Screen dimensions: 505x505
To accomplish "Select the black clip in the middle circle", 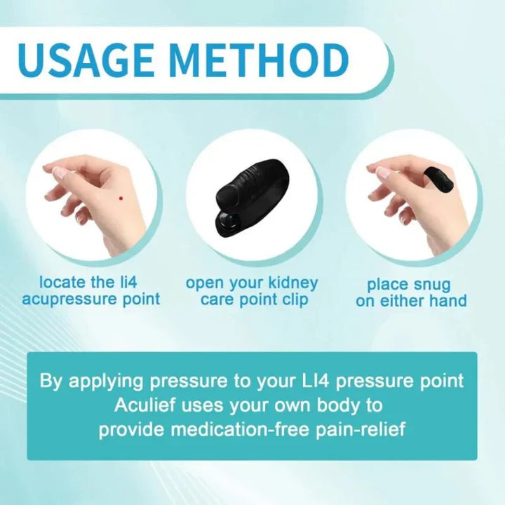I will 252,196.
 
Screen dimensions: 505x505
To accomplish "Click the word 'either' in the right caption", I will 404,302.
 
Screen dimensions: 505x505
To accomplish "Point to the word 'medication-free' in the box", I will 242,429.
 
